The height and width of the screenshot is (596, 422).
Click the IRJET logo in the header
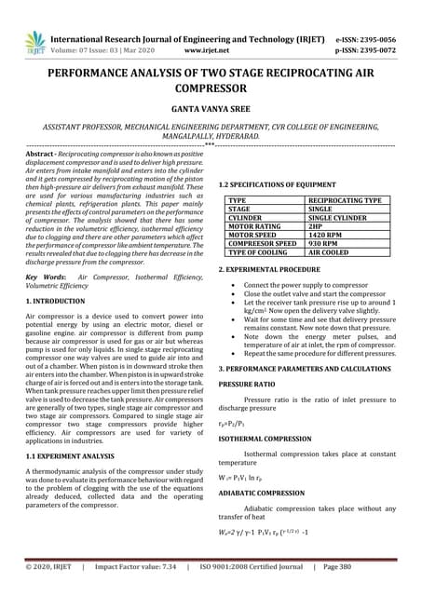pyautogui.click(x=34, y=41)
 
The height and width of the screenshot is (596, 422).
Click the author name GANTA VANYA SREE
pyautogui.click(x=211, y=108)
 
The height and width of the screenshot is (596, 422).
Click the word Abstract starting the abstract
pyautogui.click(x=42, y=152)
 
